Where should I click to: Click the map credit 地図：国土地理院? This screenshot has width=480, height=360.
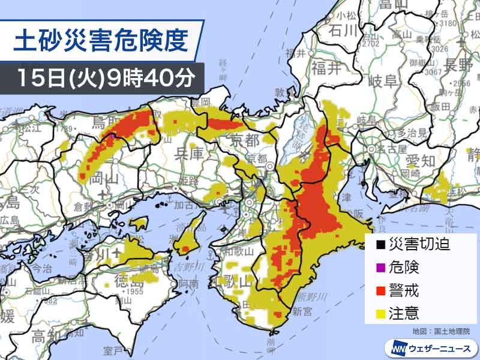click(441, 331)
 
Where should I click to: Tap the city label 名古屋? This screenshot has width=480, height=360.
click(382, 148)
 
